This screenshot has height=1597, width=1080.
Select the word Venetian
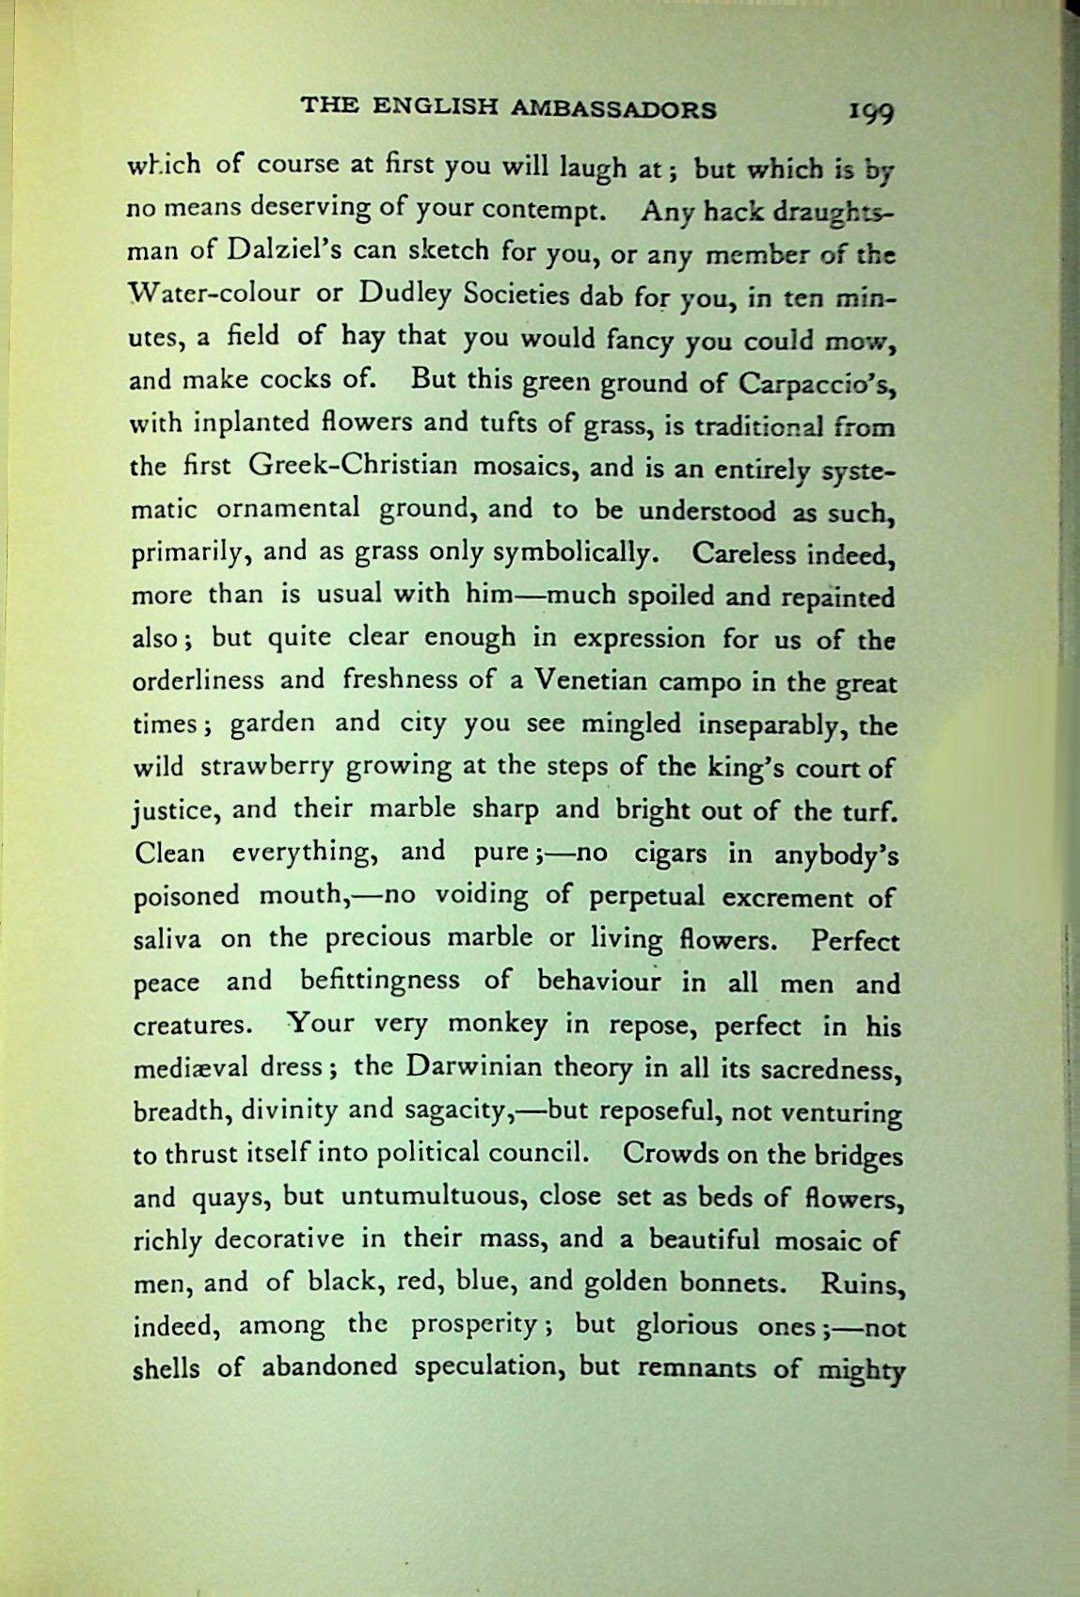[600, 680]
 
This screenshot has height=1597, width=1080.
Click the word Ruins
[858, 1283]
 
